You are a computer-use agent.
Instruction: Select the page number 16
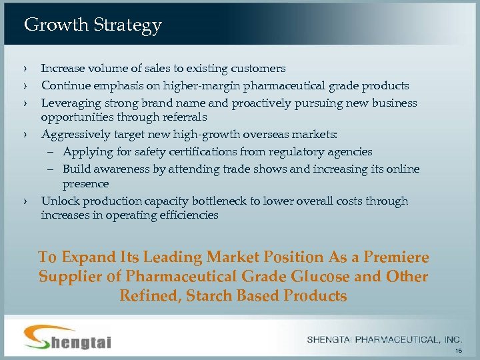(x=457, y=350)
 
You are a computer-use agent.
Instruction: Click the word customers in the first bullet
(x=259, y=69)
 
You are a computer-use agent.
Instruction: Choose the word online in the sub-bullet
(x=402, y=169)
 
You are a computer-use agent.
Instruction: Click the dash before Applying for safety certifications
(x=53, y=153)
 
